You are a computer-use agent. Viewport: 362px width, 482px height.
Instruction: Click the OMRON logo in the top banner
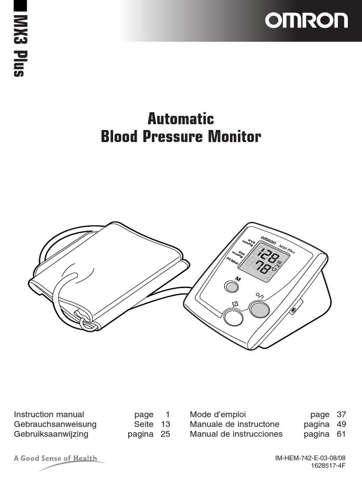[306, 21]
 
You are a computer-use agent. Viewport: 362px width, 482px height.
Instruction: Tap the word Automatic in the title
[181, 118]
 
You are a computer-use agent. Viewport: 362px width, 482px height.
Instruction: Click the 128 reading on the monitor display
[267, 257]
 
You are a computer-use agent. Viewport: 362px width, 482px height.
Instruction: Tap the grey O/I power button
[259, 309]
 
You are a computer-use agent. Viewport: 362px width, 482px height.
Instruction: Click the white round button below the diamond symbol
[233, 316]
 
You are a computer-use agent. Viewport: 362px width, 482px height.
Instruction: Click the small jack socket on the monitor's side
[294, 311]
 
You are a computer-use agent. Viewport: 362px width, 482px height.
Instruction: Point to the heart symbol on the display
[275, 271]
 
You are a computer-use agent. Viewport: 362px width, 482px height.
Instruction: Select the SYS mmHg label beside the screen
[248, 242]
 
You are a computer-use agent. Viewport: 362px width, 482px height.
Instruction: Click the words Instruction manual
[49, 415]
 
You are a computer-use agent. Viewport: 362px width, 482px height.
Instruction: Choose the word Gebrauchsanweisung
[55, 424]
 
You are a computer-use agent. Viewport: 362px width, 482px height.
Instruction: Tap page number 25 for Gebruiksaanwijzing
[165, 434]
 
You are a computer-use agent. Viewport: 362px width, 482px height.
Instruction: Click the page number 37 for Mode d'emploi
[341, 415]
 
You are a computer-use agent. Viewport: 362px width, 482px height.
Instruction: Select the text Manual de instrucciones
[236, 434]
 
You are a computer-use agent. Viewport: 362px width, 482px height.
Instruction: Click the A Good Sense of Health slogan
[56, 458]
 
